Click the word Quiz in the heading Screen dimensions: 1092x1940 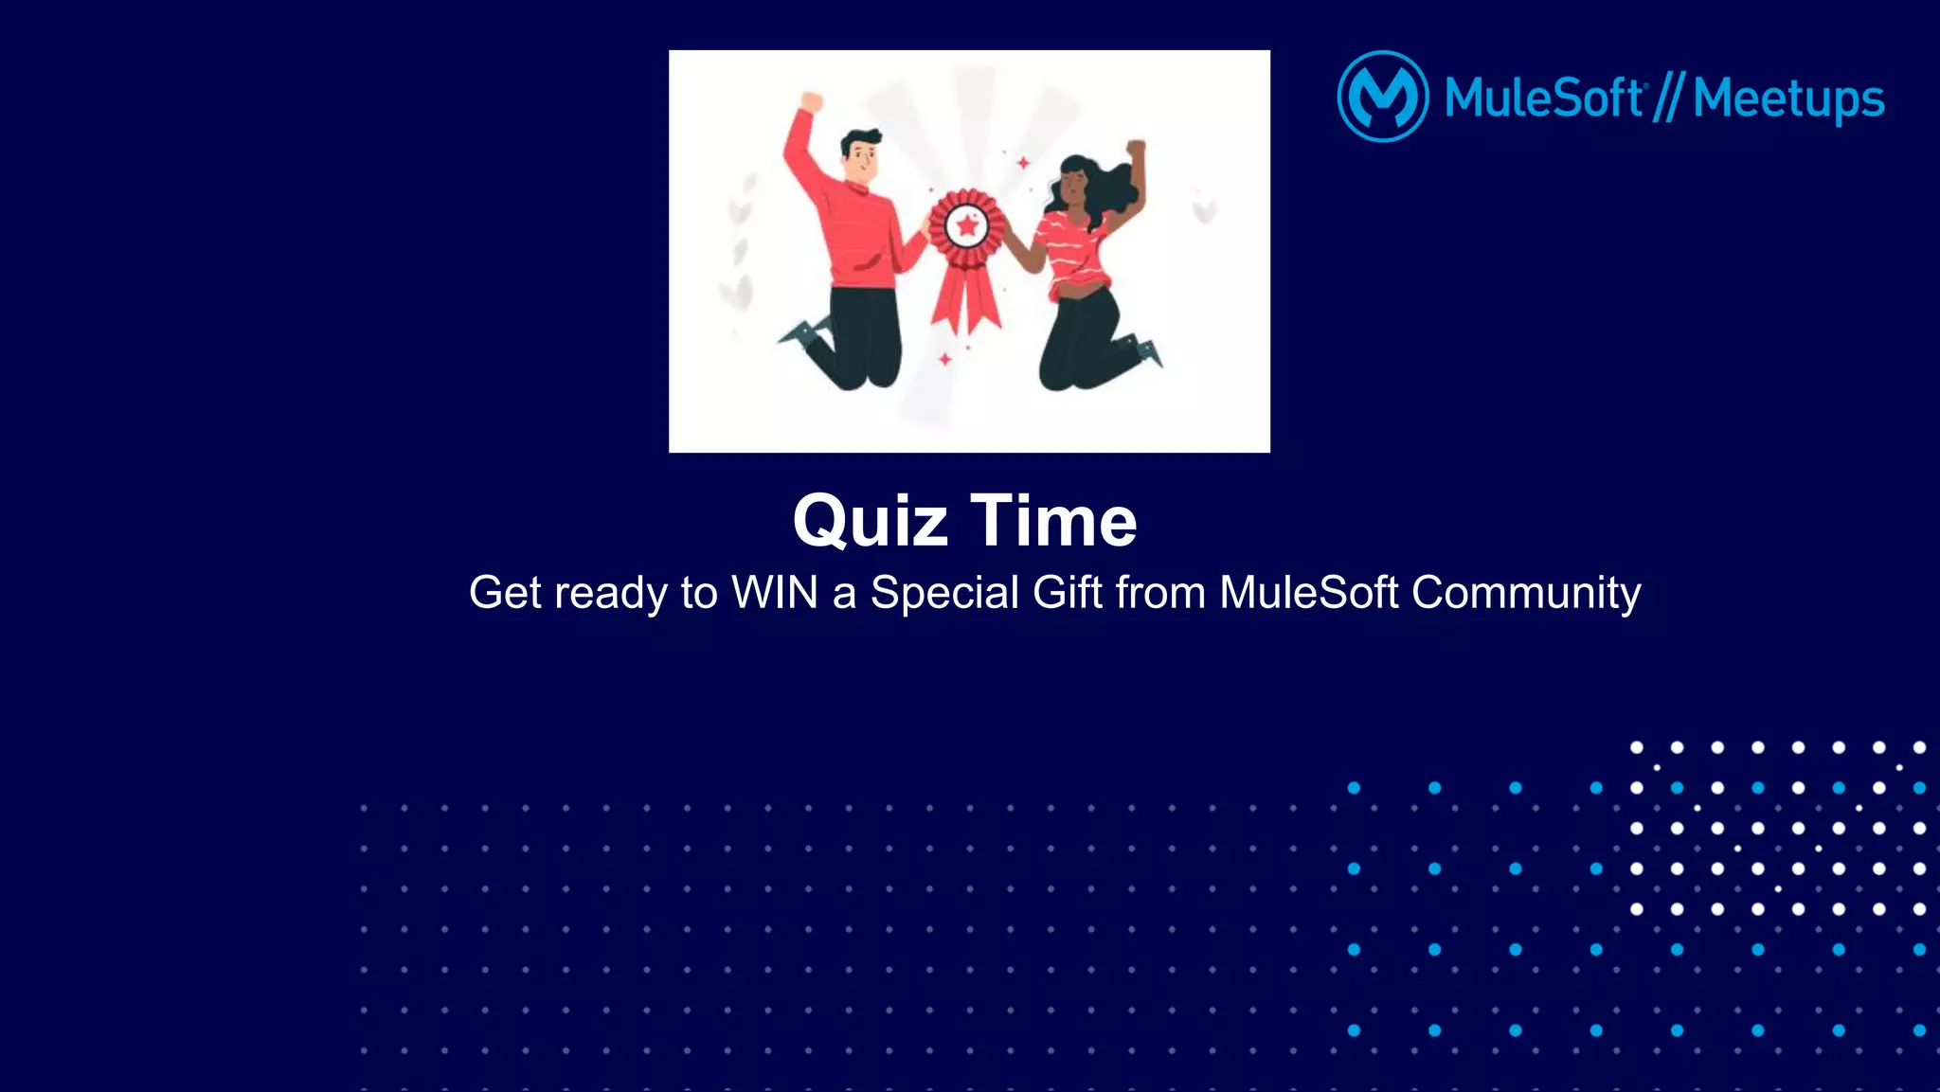[870, 522]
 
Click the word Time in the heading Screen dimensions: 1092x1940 [1053, 522]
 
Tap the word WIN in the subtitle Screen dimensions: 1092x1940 [774, 593]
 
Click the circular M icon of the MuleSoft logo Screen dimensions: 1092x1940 [1382, 97]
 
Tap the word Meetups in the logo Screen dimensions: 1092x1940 [1787, 98]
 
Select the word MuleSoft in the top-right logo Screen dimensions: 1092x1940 [1543, 98]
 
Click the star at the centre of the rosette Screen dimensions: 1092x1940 [966, 226]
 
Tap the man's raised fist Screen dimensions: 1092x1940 [811, 101]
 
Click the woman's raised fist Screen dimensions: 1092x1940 [1135, 150]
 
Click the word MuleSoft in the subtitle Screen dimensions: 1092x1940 [1308, 593]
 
